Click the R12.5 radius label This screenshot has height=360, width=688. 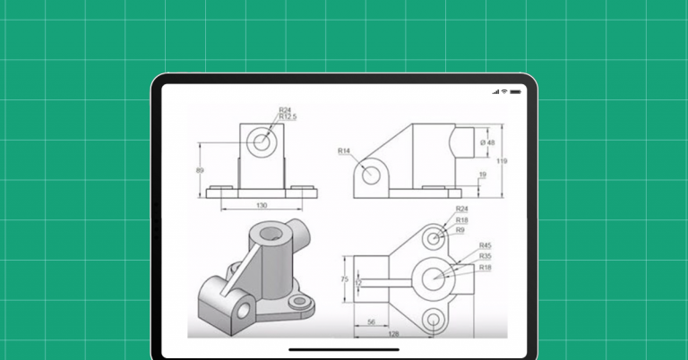click(288, 116)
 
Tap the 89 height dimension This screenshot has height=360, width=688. click(200, 170)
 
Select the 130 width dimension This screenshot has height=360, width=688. click(262, 206)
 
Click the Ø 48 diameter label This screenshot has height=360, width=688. click(489, 142)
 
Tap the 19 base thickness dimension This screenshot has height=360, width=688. click(483, 176)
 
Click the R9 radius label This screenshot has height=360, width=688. click(460, 230)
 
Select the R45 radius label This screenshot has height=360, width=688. click(485, 245)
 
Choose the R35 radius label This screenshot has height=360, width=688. click(485, 255)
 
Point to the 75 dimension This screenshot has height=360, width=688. click(343, 279)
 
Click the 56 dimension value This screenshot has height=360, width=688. click(370, 321)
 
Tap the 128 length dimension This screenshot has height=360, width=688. click(392, 333)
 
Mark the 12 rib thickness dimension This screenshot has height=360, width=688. click(359, 283)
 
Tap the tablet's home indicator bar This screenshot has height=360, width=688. click(343, 349)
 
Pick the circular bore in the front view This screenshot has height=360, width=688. click(262, 141)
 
